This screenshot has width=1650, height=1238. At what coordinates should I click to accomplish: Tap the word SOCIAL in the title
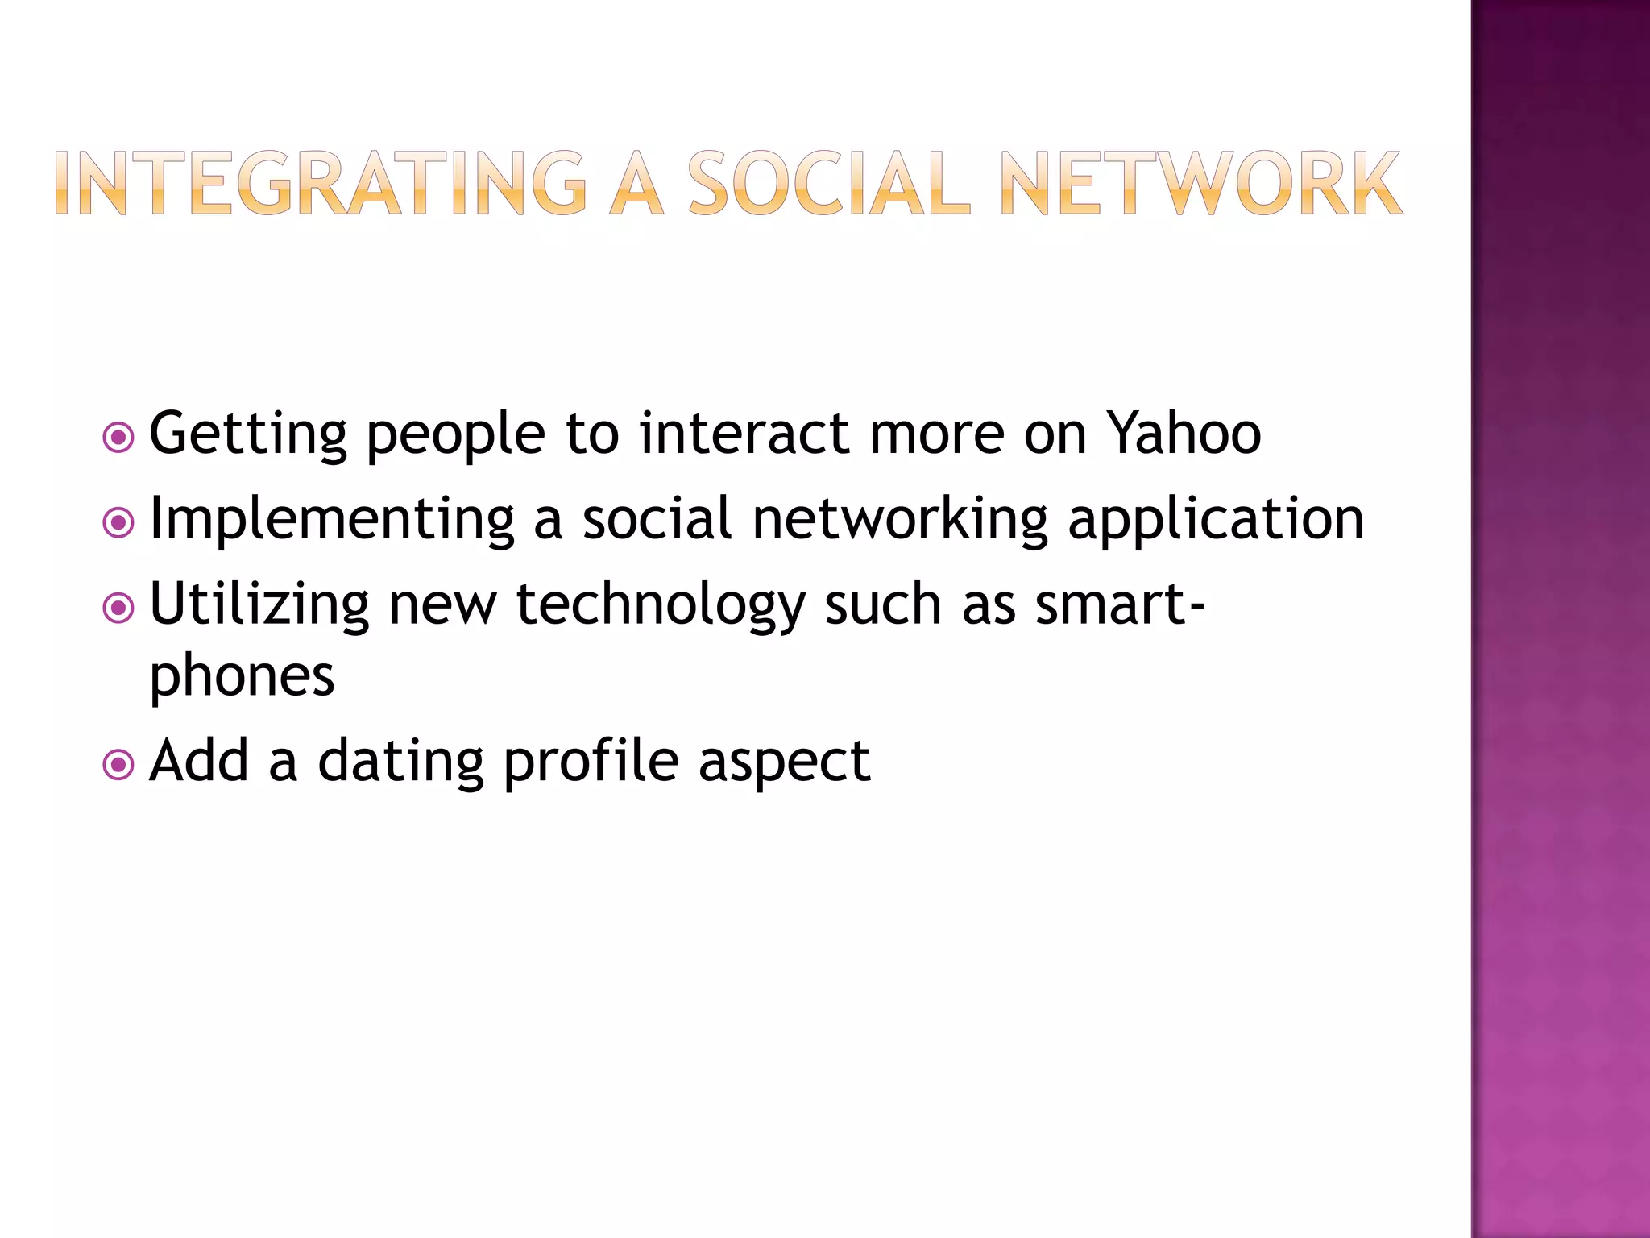click(829, 184)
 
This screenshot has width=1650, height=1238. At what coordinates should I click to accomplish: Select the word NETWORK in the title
click(1200, 184)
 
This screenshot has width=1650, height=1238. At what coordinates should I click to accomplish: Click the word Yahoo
click(1184, 434)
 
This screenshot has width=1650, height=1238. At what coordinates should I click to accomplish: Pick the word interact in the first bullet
click(745, 434)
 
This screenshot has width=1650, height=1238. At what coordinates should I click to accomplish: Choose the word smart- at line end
click(1120, 604)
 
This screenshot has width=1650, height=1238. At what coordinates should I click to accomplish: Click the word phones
click(242, 677)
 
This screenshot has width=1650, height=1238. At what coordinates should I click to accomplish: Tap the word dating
click(400, 762)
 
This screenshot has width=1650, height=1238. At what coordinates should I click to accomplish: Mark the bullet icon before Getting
click(119, 438)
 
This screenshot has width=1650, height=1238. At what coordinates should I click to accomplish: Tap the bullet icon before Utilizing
click(119, 609)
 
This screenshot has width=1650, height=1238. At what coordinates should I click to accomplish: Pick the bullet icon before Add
click(119, 765)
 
